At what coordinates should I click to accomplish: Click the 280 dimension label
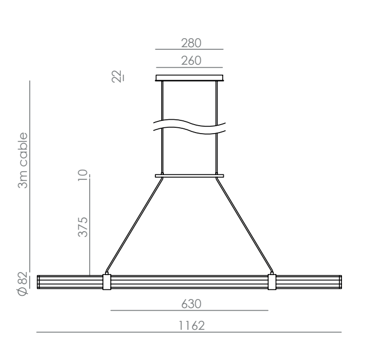point(191,43)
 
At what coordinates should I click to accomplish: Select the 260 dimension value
point(191,60)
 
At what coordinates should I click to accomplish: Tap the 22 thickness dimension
point(117,76)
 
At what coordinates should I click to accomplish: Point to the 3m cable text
point(23,160)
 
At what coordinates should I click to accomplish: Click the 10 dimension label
point(83,175)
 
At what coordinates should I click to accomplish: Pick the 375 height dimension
point(83,227)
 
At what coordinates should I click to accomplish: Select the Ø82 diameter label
point(23,284)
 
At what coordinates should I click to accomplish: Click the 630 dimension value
point(191,304)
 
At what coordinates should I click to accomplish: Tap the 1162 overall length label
point(191,326)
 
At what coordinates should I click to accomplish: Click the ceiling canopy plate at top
point(189,78)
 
